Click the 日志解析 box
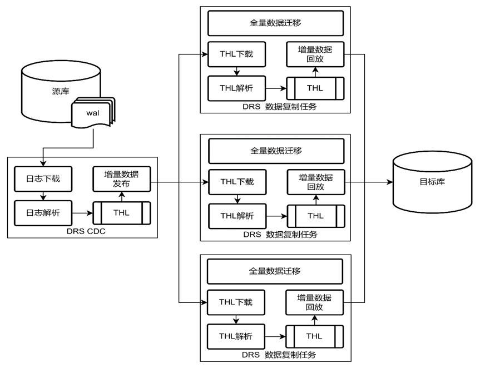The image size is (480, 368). click(43, 212)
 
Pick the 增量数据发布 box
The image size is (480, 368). click(121, 179)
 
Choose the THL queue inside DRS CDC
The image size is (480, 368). click(121, 213)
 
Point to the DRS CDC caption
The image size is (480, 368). click(82, 231)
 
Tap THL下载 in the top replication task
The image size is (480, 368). click(236, 54)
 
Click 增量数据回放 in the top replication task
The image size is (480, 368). click(315, 54)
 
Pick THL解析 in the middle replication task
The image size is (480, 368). click(236, 216)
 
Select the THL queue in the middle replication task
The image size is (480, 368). click(315, 216)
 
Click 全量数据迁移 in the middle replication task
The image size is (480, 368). click(276, 151)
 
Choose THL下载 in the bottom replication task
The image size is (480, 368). click(236, 302)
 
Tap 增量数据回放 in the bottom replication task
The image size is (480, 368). click(314, 302)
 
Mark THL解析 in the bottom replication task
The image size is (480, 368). click(236, 336)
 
